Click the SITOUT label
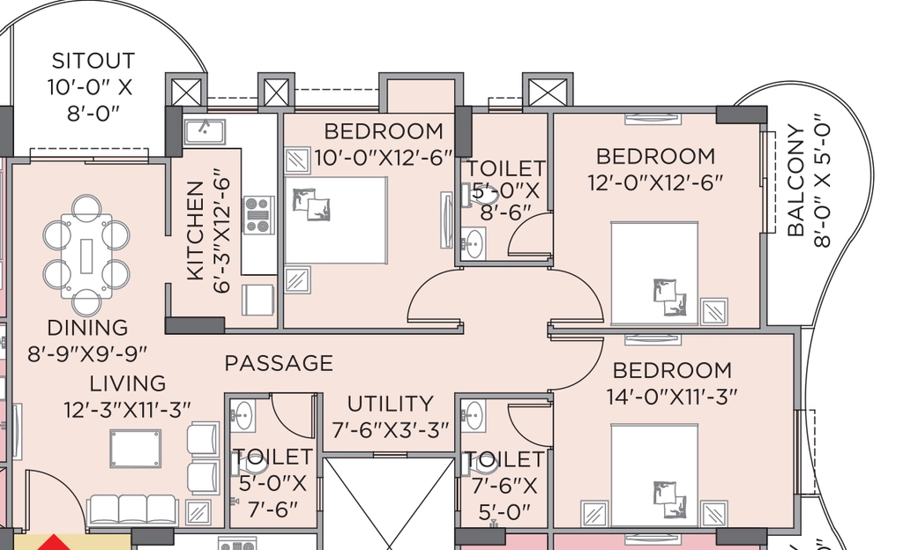[x=93, y=61]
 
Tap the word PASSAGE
[x=279, y=363]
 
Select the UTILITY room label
[x=390, y=404]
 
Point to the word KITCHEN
[x=196, y=231]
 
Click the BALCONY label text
[x=795, y=181]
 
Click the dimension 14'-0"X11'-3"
[x=671, y=397]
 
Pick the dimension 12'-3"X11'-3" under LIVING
[x=127, y=410]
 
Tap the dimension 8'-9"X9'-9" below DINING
[x=87, y=353]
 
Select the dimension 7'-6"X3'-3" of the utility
[x=390, y=430]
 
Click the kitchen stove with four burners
[x=259, y=214]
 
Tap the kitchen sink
[x=205, y=131]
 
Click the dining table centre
[x=86, y=256]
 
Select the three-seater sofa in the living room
[x=132, y=509]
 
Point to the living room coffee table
[x=135, y=449]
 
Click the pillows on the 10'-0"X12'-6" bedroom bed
[x=311, y=205]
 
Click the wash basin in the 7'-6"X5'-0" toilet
[x=474, y=416]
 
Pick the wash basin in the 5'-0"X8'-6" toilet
[x=474, y=242]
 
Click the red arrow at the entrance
[x=54, y=542]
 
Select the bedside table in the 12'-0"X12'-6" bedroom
[x=714, y=312]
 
